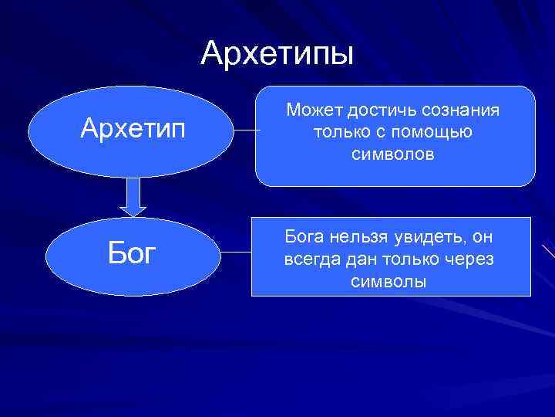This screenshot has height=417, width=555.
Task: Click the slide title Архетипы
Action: pyautogui.click(x=277, y=53)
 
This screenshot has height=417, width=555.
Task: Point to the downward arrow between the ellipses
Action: pyautogui.click(x=133, y=197)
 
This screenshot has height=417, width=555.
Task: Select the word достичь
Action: pyautogui.click(x=378, y=111)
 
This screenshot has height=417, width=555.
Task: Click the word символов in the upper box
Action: pyautogui.click(x=393, y=154)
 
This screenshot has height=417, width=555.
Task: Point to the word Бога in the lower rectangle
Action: pyautogui.click(x=304, y=236)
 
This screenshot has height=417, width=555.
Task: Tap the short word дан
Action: pyautogui.click(x=358, y=259)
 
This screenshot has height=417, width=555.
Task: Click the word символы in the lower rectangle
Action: pyautogui.click(x=388, y=281)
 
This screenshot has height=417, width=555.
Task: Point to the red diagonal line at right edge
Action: pyautogui.click(x=548, y=251)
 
